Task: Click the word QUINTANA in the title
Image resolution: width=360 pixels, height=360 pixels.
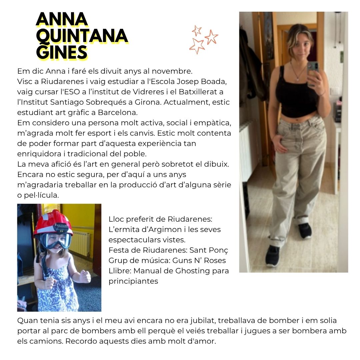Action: click(82, 36)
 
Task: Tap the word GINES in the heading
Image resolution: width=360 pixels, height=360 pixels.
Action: click(62, 52)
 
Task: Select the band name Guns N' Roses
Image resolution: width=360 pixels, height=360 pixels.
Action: click(199, 260)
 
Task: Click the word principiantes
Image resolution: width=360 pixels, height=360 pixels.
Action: click(133, 281)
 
